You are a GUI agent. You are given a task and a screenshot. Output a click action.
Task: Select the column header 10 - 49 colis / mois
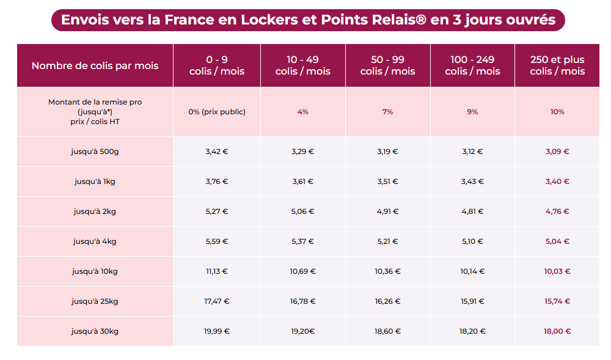pyautogui.click(x=302, y=65)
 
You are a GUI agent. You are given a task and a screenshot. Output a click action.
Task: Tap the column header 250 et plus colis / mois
pyautogui.click(x=557, y=65)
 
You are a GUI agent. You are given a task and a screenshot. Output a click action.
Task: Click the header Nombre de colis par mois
pyautogui.click(x=95, y=65)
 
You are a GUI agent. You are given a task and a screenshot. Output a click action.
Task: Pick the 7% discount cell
pyautogui.click(x=387, y=112)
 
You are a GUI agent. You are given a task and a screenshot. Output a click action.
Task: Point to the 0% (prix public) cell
pyautogui.click(x=216, y=112)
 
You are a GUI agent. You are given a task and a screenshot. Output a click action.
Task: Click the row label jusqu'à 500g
pyautogui.click(x=95, y=151)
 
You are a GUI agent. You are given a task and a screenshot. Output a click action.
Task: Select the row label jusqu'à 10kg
pyautogui.click(x=95, y=271)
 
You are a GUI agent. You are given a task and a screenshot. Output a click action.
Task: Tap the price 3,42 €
pyautogui.click(x=216, y=151)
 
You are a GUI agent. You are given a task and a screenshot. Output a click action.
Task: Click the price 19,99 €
pyautogui.click(x=216, y=331)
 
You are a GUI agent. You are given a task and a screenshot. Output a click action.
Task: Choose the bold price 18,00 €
pyautogui.click(x=557, y=331)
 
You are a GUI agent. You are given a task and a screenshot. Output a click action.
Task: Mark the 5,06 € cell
pyautogui.click(x=302, y=211)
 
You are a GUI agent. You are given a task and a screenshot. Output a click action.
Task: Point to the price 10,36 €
pyautogui.click(x=387, y=271)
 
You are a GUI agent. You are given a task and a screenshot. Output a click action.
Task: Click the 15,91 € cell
pyautogui.click(x=472, y=301)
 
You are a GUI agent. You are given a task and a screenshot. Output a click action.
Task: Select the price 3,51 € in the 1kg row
pyautogui.click(x=387, y=181)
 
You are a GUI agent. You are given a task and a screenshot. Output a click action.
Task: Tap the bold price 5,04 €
pyautogui.click(x=557, y=241)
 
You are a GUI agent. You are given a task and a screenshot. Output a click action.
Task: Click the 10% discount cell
pyautogui.click(x=557, y=112)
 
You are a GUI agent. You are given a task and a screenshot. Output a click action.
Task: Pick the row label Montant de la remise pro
pyautogui.click(x=95, y=102)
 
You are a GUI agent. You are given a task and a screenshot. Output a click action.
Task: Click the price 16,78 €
pyautogui.click(x=302, y=301)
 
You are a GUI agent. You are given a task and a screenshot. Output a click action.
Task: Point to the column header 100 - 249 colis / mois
pyautogui.click(x=472, y=65)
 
